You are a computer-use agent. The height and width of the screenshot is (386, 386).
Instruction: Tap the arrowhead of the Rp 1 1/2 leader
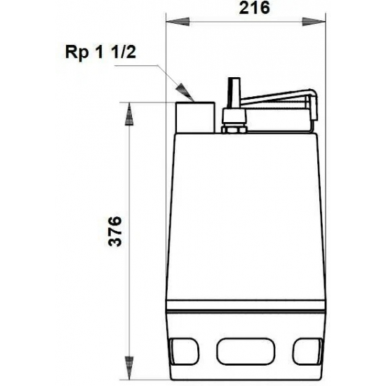[x=183, y=89]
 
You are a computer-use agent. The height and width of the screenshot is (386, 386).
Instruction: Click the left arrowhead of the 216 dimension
[x=171, y=22]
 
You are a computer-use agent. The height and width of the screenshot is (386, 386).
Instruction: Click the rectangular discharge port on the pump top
[x=195, y=118]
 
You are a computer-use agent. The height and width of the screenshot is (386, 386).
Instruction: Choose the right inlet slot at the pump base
[x=302, y=349]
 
